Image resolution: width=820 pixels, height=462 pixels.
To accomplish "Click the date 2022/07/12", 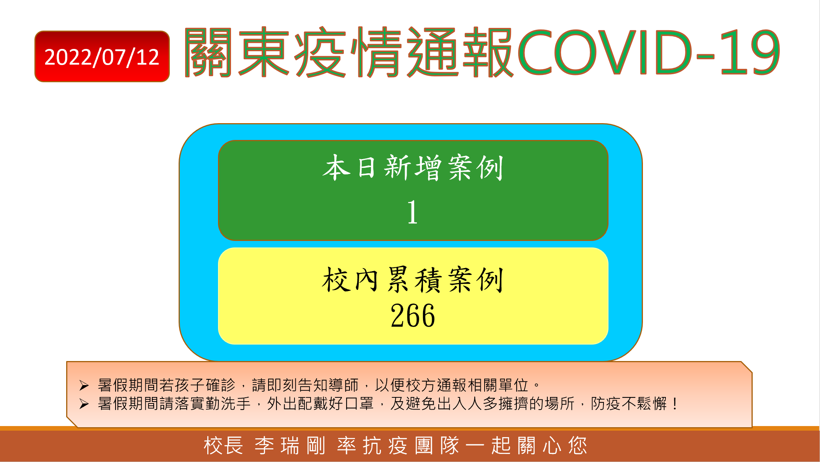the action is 102,57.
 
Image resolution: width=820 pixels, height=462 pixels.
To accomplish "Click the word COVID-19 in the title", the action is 649,52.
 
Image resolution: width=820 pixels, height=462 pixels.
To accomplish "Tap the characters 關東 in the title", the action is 237,52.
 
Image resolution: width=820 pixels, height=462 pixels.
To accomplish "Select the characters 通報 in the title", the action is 460,52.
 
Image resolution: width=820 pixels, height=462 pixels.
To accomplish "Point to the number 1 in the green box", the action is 412,212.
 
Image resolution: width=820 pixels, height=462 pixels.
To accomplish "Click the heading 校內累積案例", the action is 413,280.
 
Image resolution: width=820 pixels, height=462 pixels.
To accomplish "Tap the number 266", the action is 413,316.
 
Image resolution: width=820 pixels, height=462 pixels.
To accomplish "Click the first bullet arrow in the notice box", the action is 84,386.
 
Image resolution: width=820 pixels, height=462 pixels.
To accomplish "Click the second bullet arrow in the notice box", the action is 84,404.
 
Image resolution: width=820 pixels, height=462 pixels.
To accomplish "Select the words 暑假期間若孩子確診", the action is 166,385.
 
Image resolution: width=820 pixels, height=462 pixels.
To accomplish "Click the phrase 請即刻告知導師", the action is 305,385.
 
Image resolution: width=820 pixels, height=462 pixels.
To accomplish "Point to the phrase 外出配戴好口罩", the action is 321,403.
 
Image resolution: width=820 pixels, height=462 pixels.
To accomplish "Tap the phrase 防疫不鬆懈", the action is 629,403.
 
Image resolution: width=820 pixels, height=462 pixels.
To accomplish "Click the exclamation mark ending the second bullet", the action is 675,403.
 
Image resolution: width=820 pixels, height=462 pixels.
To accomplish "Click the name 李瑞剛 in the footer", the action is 290,446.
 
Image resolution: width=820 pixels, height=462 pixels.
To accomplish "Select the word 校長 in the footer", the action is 223,446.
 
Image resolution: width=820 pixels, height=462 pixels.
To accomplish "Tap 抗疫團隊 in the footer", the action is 411,446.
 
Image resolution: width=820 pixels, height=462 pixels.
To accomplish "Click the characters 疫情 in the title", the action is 348,52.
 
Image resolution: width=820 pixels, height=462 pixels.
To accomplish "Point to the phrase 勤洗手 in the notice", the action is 228,403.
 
